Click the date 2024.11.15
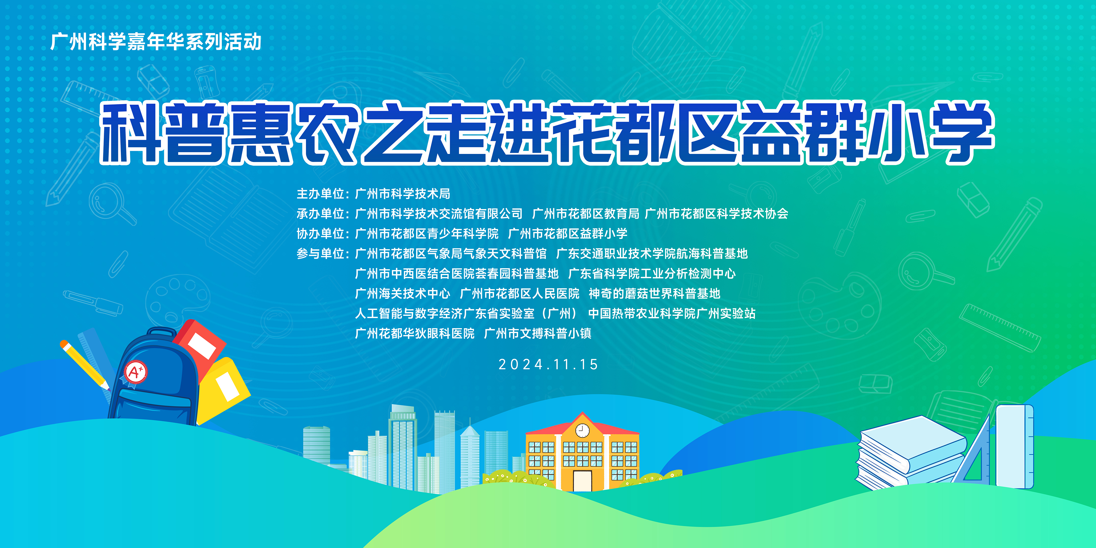(548, 365)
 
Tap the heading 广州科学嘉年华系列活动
(156, 42)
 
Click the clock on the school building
(582, 430)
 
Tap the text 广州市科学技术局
(403, 194)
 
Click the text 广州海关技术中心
(403, 294)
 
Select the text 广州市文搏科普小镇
(538, 334)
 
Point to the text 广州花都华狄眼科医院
(415, 334)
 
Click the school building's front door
(582, 480)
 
